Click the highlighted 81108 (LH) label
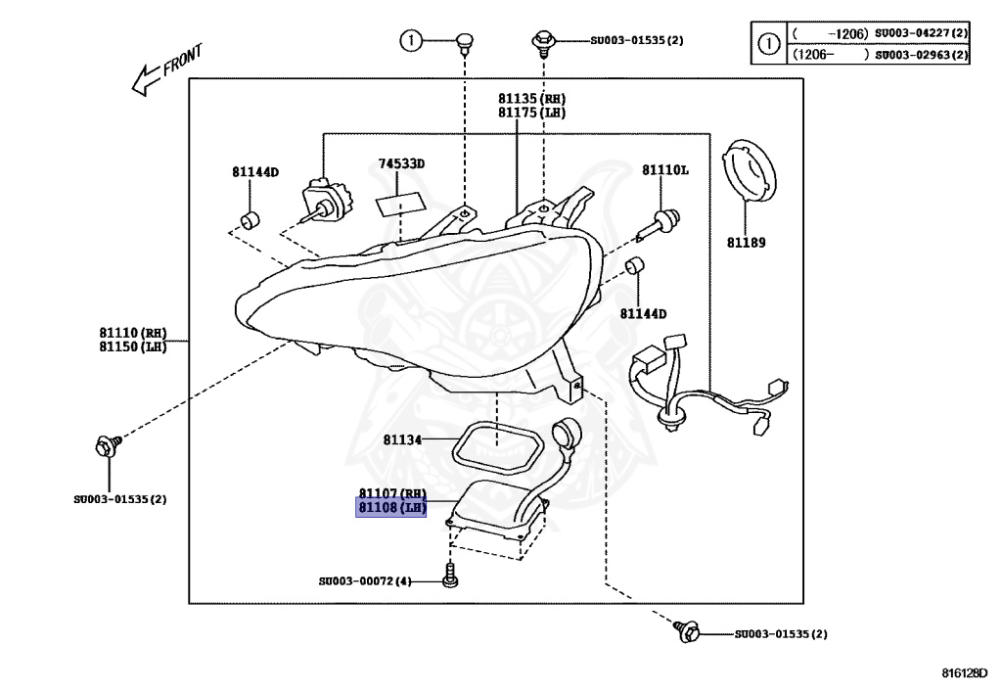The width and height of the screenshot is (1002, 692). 391,507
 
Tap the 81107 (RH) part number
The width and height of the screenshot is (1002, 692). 391,493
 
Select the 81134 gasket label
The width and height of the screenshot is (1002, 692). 402,440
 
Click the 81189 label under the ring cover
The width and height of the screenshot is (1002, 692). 746,242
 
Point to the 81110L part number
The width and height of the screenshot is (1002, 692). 664,170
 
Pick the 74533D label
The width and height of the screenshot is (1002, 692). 401,164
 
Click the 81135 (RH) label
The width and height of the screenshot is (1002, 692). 531,99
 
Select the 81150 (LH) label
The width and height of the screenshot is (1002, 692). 133,346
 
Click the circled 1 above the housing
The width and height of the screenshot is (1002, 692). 412,40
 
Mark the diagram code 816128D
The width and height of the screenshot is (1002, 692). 965,672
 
